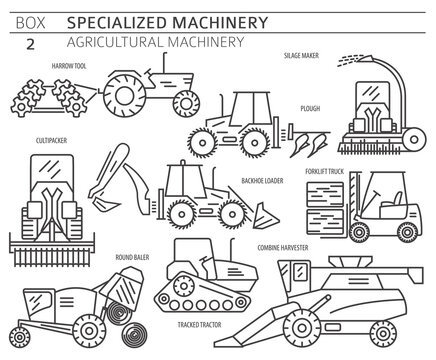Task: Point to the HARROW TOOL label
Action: [68, 67]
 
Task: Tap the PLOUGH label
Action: [310, 108]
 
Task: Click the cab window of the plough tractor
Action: [246, 108]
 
